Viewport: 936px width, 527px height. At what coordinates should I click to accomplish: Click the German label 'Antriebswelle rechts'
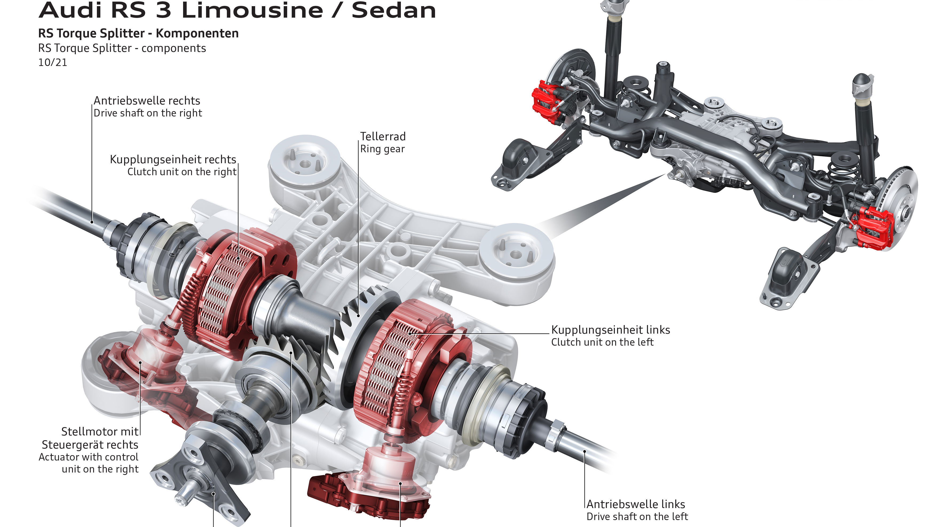[x=147, y=101]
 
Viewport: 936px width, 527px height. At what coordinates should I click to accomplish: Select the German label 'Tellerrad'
[x=383, y=136]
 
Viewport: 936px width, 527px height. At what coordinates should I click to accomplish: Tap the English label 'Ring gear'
[x=382, y=149]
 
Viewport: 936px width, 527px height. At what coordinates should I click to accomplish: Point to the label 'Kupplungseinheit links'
[x=610, y=330]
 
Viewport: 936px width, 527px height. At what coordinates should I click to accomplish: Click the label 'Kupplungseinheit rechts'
[x=173, y=160]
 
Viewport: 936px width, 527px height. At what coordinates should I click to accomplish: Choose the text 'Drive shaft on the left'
[x=637, y=517]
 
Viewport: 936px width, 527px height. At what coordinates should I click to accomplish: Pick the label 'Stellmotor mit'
[x=100, y=432]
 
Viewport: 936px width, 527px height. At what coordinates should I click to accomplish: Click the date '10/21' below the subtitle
[x=53, y=63]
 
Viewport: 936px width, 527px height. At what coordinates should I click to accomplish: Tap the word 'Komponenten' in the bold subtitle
[x=197, y=33]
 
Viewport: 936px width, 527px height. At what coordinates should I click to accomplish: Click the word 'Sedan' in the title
[x=393, y=10]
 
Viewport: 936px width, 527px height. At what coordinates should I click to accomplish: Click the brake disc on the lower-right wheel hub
[x=901, y=207]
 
